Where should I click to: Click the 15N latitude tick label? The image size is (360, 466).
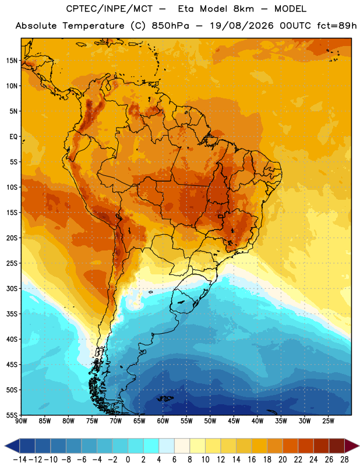coord(12,61)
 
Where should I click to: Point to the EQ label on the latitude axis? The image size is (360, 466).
coord(13,137)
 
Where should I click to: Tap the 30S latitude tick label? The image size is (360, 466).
coord(12,288)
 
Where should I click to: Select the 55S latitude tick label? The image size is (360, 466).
coord(12,415)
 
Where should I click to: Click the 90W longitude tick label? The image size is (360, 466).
coord(21,421)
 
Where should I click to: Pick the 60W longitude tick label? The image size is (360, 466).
coord(163,421)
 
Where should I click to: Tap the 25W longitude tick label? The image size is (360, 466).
coord(328,421)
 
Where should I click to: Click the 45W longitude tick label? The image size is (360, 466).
coord(234,421)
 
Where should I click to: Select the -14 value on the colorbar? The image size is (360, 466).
coord(20,460)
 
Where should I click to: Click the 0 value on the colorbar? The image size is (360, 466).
coord(128,460)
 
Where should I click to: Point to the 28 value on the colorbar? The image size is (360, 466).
coord(344,460)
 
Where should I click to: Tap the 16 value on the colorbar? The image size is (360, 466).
coord(252,460)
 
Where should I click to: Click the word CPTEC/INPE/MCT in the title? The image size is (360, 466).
coord(109,9)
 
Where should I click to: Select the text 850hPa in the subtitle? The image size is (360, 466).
coord(170,26)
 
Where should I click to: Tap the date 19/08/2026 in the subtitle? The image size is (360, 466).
coord(241,26)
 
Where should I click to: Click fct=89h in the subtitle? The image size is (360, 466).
coord(337,26)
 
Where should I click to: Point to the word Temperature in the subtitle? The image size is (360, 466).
coord(93,26)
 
